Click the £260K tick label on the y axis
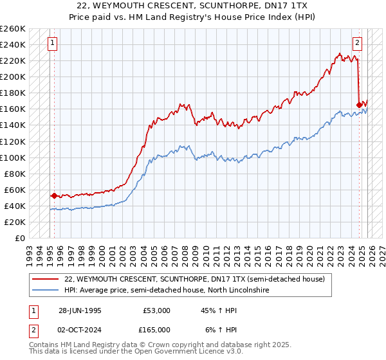point(12,29)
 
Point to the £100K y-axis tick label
point(12,157)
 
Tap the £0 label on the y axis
point(20,238)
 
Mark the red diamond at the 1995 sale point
point(55,195)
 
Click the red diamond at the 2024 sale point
point(359,105)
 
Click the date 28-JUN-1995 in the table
point(80,310)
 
